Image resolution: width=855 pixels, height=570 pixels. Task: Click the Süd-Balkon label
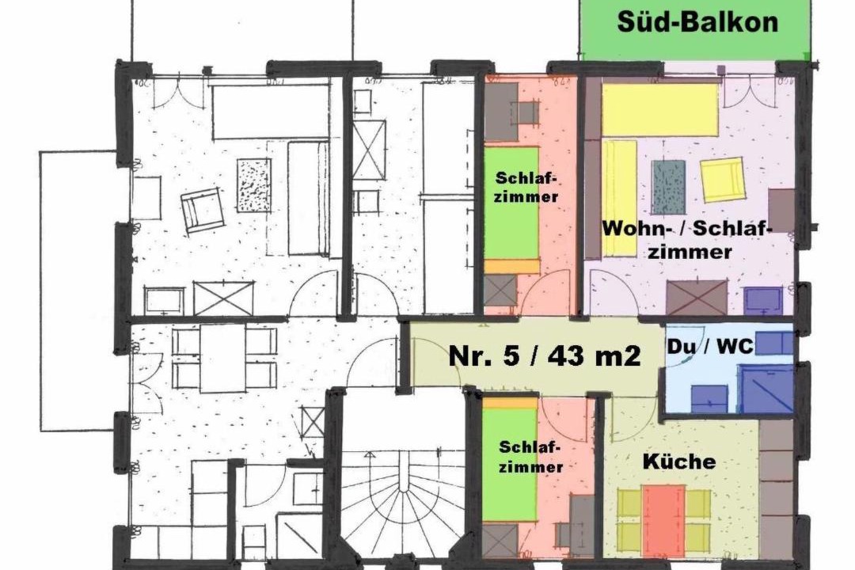697,22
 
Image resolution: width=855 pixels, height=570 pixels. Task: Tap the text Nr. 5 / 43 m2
544,356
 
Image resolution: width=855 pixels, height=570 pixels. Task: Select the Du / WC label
710,346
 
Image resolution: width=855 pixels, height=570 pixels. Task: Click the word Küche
679,462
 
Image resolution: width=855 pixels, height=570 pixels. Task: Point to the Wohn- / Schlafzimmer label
687,239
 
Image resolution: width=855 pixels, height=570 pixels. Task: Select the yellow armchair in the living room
723,180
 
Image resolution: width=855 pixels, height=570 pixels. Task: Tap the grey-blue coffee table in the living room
669,187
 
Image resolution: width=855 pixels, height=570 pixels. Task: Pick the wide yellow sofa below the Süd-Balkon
659,109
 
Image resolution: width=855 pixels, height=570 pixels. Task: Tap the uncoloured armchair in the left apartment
203,210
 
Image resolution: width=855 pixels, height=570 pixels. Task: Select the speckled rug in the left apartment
254,185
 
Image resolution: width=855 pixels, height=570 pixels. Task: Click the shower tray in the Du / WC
766,388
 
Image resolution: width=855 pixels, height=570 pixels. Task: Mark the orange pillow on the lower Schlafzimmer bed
510,402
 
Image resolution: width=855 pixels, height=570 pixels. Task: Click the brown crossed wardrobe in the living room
697,298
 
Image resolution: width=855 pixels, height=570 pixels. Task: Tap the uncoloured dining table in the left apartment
222,358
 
